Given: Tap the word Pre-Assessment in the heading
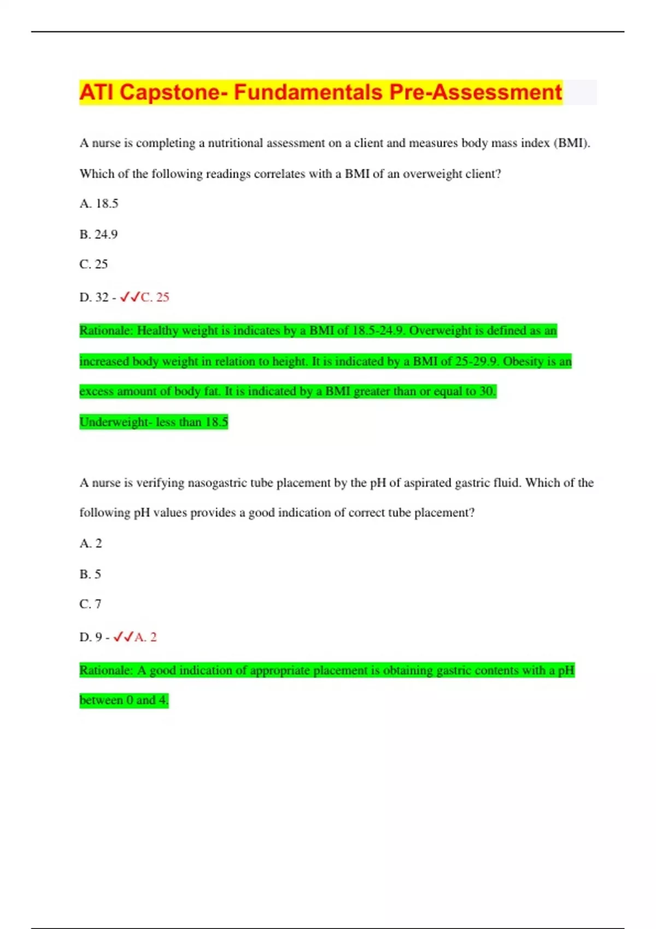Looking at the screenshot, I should coord(475,92).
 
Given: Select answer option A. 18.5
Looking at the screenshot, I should coord(99,204).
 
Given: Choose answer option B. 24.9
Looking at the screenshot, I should coord(98,234).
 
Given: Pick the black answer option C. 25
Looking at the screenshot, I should coord(93,264).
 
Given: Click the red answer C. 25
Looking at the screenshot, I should coord(155,297).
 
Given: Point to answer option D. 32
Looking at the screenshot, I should coord(94,297).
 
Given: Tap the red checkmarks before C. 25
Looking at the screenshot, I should coord(130,297).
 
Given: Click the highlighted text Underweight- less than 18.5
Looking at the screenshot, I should coord(154,422).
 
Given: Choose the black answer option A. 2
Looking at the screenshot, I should coord(91,544).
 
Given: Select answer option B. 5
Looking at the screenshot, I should coord(90,574).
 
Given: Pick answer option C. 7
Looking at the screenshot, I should coord(90,604).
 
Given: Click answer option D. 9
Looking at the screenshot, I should coord(91,637).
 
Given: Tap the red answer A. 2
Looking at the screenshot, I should coord(145,637).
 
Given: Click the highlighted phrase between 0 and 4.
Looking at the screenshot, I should coord(124,700).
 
